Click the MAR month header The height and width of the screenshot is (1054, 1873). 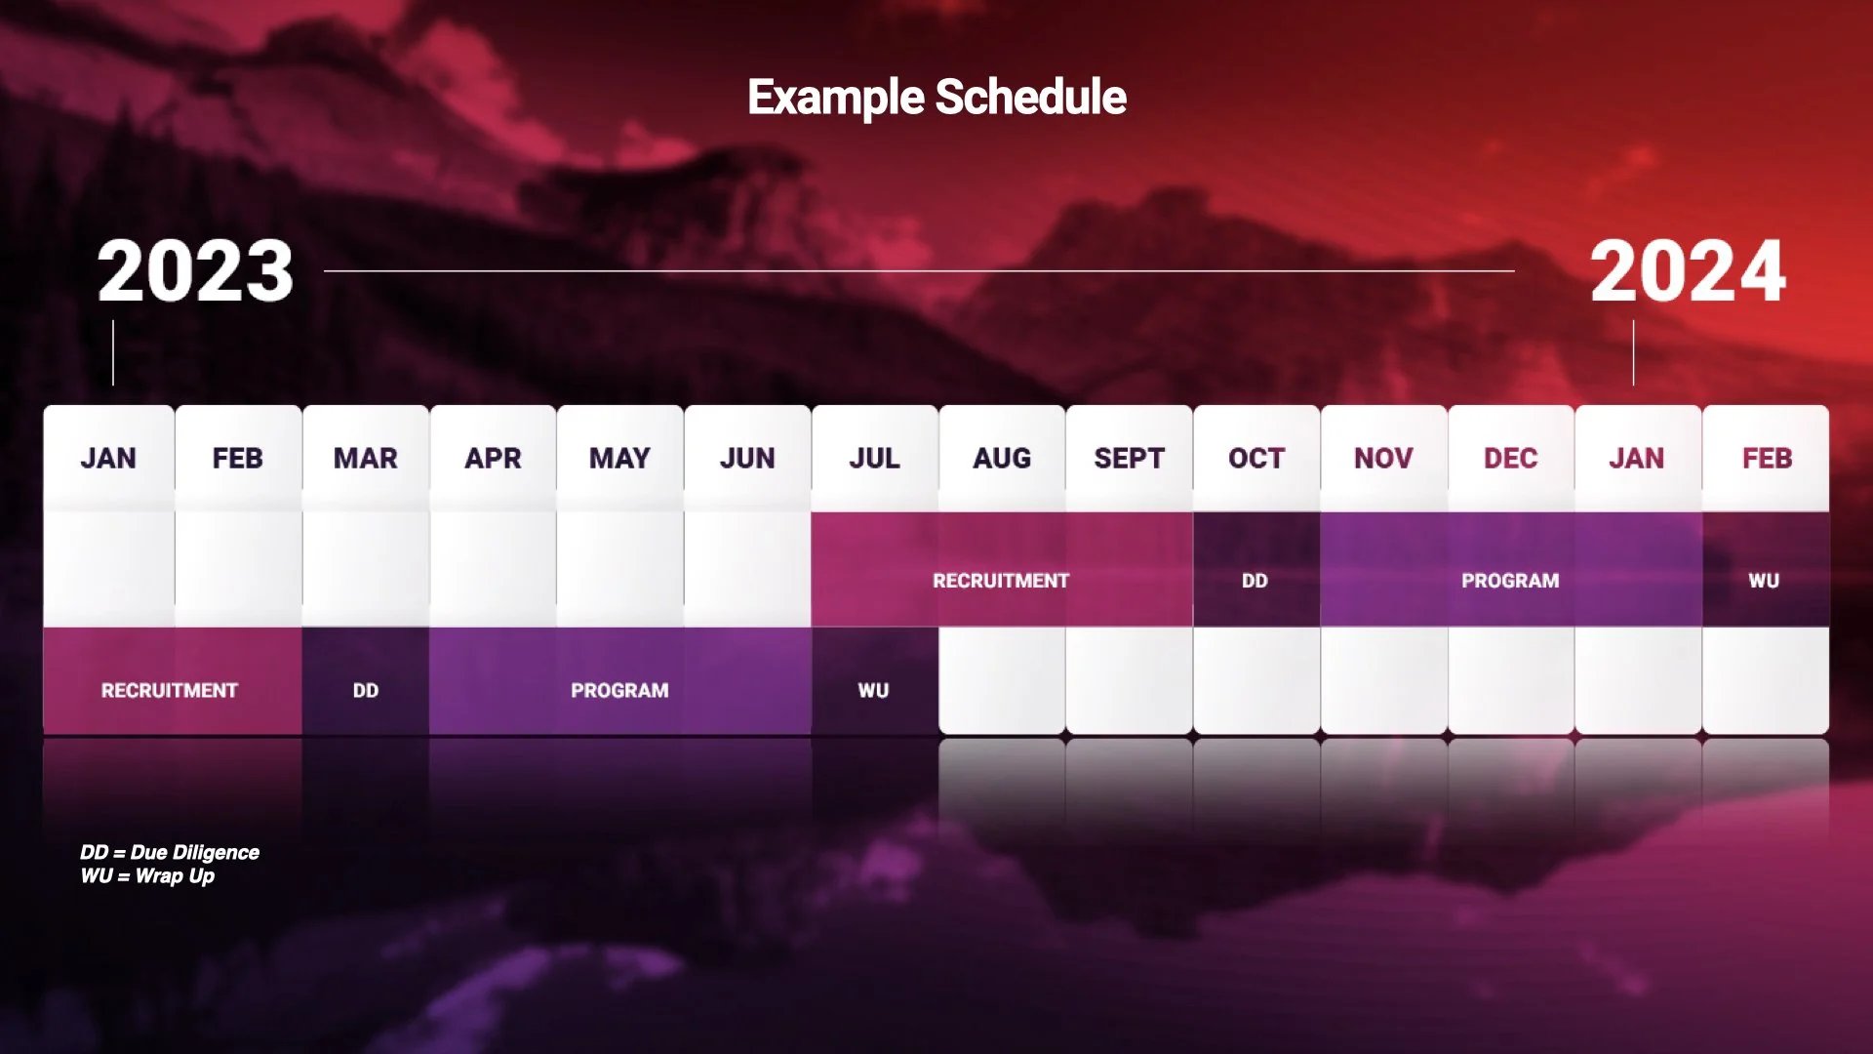pos(366,458)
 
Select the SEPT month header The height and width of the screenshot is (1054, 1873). pos(1129,458)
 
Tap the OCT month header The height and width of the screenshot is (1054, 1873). pos(1256,458)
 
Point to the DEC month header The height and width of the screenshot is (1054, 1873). pos(1510,458)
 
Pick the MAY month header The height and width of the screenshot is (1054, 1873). pos(619,458)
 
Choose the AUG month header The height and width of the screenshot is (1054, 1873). pos(1002,458)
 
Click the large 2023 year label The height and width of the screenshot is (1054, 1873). pos(195,271)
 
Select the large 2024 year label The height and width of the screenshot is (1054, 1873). pos(1688,271)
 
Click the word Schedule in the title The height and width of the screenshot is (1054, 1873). pos(1030,98)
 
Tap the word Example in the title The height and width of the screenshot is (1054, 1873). pos(836,98)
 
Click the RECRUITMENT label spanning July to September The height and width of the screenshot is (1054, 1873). pos(1001,581)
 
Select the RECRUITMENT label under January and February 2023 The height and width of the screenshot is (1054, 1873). pos(170,691)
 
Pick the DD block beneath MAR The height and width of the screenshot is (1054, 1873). pos(366,691)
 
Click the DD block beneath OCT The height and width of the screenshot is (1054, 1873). pos(1255,581)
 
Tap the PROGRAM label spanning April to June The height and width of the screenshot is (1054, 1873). pos(619,691)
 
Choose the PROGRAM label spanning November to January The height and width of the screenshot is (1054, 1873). pos(1510,581)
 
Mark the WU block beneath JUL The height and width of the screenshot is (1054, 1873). pos(874,691)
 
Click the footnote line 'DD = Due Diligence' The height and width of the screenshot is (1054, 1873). pos(170,852)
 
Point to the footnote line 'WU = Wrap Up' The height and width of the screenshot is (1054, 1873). pos(147,876)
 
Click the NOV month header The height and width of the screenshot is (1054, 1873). pos(1383,458)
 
